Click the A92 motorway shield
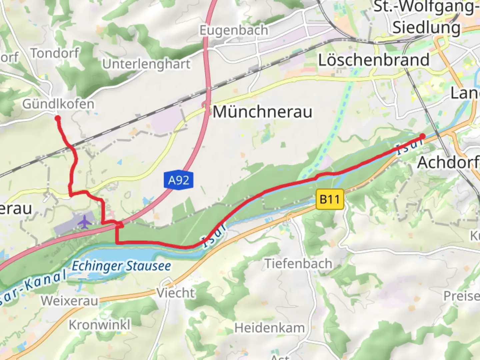pyautogui.click(x=178, y=180)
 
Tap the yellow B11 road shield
pyautogui.click(x=329, y=199)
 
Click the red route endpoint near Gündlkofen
pyautogui.click(x=58, y=118)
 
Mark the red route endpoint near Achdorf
pyautogui.click(x=422, y=136)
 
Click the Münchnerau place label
pyautogui.click(x=262, y=112)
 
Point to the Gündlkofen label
pyautogui.click(x=58, y=104)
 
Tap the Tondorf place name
pyautogui.click(x=55, y=53)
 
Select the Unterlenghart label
pyautogui.click(x=146, y=64)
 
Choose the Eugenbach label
pyautogui.click(x=234, y=30)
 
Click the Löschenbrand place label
pyautogui.click(x=374, y=60)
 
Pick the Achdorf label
pyautogui.click(x=448, y=163)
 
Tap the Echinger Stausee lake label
pyautogui.click(x=121, y=266)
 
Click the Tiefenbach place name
pyautogui.click(x=298, y=264)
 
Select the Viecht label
pyautogui.click(x=176, y=293)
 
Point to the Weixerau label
pyautogui.click(x=70, y=301)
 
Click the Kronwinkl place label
pyautogui.click(x=100, y=324)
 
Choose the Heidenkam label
pyautogui.click(x=269, y=328)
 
